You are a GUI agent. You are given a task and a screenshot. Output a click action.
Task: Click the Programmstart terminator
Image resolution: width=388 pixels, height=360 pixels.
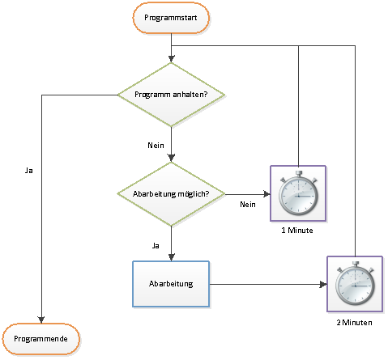pyautogui.click(x=171, y=18)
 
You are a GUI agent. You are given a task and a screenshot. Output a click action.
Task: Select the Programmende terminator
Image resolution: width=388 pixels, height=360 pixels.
pyautogui.click(x=41, y=339)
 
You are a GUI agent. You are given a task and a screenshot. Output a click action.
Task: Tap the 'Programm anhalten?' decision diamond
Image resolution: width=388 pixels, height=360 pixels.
pyautogui.click(x=171, y=95)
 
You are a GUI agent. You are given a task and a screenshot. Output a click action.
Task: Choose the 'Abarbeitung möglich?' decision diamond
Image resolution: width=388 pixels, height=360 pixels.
pyautogui.click(x=171, y=194)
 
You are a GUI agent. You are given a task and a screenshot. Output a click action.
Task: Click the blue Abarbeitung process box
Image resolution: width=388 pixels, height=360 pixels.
pyautogui.click(x=171, y=284)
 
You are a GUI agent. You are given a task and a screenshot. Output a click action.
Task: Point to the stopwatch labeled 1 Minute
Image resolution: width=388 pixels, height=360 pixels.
pyautogui.click(x=298, y=193)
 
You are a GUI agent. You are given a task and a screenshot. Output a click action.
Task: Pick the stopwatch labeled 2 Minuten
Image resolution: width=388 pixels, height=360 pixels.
pyautogui.click(x=355, y=284)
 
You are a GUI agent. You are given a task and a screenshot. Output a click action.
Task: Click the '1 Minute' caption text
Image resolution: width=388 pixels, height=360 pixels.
pyautogui.click(x=297, y=231)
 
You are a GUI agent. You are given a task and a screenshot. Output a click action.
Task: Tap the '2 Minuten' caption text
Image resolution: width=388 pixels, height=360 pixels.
pyautogui.click(x=354, y=323)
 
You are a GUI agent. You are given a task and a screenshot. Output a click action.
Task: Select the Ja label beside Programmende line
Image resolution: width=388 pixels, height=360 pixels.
pyautogui.click(x=29, y=171)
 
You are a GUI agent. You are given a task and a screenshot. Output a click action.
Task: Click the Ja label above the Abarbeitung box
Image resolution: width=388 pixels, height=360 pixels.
pyautogui.click(x=156, y=246)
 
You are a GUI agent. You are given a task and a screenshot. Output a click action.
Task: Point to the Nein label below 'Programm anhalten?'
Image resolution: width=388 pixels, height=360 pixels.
pyautogui.click(x=156, y=146)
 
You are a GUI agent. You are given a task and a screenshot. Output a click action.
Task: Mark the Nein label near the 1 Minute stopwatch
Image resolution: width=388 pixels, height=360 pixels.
pyautogui.click(x=248, y=205)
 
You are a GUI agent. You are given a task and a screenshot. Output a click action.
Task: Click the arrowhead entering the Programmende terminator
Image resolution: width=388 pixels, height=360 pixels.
pyautogui.click(x=41, y=320)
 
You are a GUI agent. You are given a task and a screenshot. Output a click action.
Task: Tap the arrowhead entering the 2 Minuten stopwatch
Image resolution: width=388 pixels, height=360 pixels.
pyautogui.click(x=323, y=284)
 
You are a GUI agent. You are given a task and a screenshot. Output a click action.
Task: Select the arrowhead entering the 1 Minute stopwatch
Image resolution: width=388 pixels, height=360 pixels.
pyautogui.click(x=266, y=194)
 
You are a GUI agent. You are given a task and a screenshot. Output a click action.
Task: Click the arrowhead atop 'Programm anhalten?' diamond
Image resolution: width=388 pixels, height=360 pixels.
pyautogui.click(x=171, y=59)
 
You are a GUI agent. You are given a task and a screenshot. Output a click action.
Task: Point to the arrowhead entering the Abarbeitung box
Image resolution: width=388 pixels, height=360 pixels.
pyautogui.click(x=171, y=257)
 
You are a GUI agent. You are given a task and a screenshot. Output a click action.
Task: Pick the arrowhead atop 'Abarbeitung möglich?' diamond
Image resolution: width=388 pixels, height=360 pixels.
pyautogui.click(x=171, y=159)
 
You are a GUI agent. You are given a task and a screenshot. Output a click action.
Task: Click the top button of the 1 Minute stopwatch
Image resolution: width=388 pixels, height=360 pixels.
pyautogui.click(x=298, y=173)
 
